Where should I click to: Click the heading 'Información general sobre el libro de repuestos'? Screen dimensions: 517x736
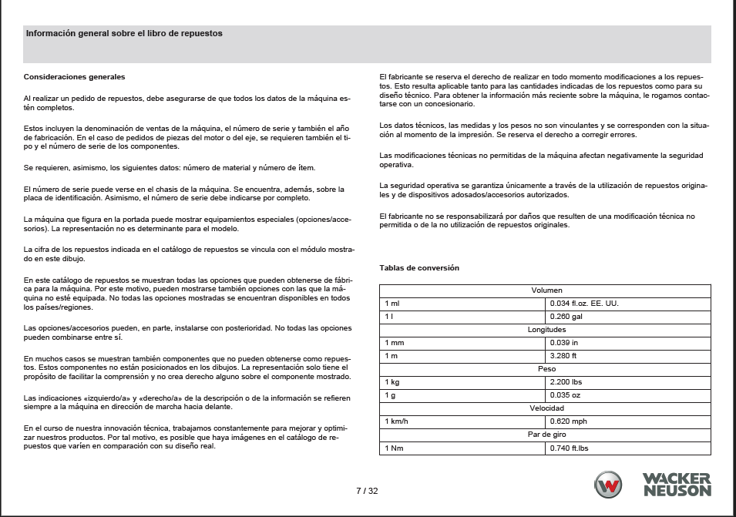124,34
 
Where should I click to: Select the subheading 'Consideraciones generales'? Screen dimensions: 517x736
74,76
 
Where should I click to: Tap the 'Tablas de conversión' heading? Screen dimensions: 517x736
419,268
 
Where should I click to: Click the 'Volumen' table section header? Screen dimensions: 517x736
546,290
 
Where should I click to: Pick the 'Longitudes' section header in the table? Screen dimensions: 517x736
546,330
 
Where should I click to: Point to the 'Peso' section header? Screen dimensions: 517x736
546,369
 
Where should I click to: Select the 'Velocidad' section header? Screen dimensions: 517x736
546,408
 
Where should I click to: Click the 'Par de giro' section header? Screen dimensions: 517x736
546,435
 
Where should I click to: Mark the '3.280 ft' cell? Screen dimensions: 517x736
564,356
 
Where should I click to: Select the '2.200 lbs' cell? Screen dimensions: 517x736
567,382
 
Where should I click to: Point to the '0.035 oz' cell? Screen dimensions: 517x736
566,395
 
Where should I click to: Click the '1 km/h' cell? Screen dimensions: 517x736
398,421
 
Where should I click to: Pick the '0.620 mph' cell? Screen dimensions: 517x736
568,421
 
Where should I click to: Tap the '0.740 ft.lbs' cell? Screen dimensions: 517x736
570,448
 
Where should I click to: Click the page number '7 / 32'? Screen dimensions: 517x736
367,491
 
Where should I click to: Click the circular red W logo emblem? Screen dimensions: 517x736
608,485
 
